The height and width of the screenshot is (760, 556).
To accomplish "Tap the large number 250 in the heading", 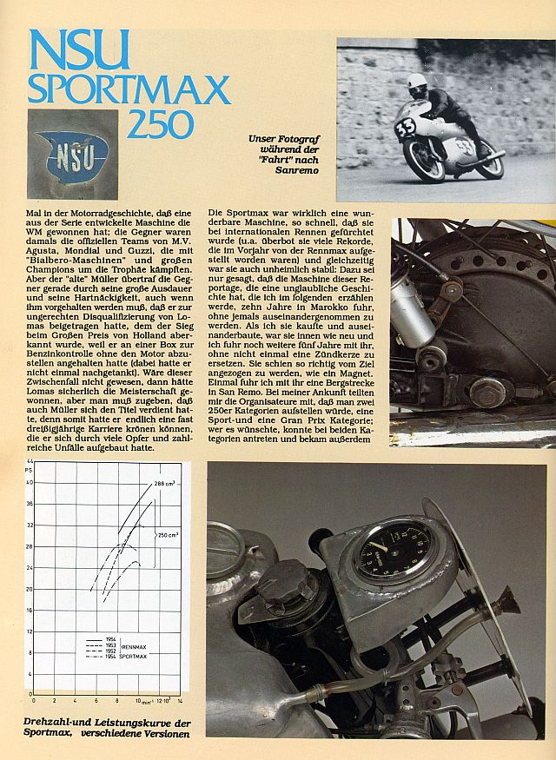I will point(161,123).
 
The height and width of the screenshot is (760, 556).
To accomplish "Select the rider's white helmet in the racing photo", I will point(418,83).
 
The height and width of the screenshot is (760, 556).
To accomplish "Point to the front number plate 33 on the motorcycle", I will point(406,128).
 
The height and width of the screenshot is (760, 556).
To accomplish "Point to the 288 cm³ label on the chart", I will point(164,481).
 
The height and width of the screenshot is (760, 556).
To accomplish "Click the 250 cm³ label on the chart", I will point(168,534).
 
